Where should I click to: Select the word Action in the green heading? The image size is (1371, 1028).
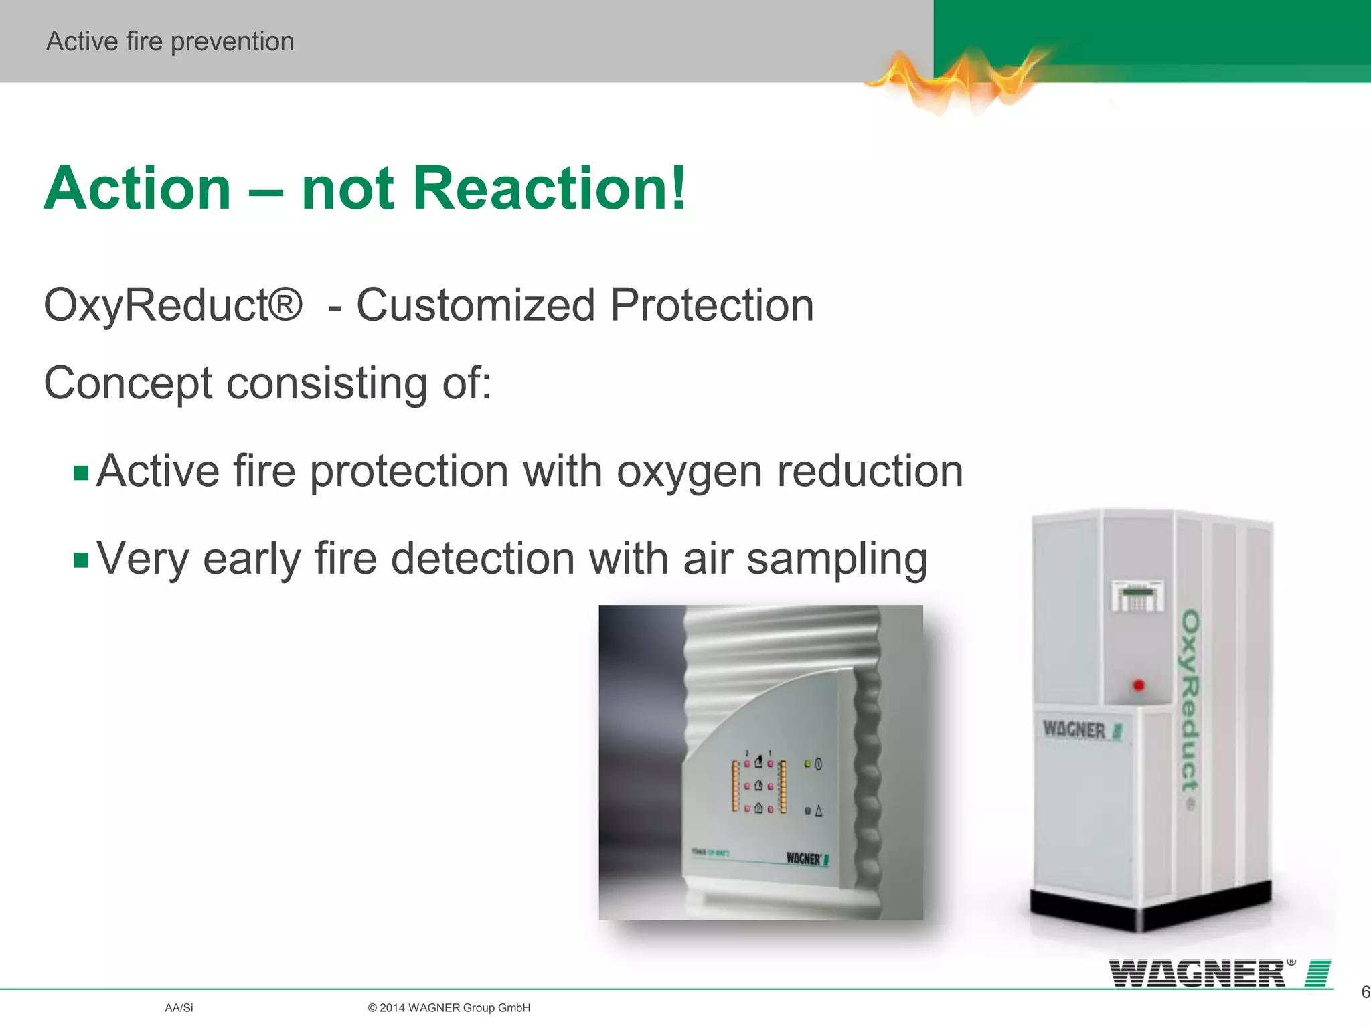click(x=137, y=188)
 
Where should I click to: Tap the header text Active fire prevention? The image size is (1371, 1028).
click(x=170, y=41)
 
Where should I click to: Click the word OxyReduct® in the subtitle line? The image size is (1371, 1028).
click(x=173, y=305)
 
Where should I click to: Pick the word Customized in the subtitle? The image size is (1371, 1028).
click(x=475, y=305)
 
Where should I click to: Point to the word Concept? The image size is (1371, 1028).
click(x=128, y=383)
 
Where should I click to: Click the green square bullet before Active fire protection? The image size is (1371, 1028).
click(x=81, y=473)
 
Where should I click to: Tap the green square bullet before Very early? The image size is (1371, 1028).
click(x=81, y=560)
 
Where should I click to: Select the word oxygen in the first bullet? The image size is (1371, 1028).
click(x=689, y=472)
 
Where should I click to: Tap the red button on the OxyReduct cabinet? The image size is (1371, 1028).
click(x=1138, y=685)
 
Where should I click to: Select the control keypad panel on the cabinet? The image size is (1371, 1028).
click(x=1137, y=596)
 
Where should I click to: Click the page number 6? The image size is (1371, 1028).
click(x=1365, y=992)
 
